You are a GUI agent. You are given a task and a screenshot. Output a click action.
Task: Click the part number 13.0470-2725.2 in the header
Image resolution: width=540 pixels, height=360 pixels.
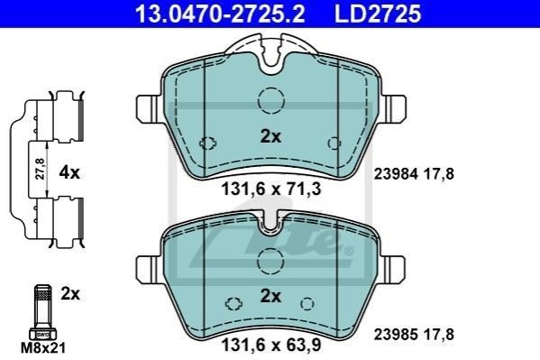pyautogui.click(x=220, y=14)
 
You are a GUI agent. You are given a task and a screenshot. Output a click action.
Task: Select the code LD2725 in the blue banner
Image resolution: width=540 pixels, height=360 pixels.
pyautogui.click(x=378, y=14)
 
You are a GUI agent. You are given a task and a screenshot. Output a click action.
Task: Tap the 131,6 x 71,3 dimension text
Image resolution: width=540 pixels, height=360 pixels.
pyautogui.click(x=271, y=189)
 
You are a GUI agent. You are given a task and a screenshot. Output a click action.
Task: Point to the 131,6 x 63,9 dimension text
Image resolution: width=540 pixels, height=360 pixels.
pyautogui.click(x=271, y=345)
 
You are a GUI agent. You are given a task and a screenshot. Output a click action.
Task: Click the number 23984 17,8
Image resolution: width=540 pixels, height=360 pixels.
pyautogui.click(x=414, y=174)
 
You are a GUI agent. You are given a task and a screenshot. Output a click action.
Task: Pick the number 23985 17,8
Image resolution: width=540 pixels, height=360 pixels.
pyautogui.click(x=414, y=334)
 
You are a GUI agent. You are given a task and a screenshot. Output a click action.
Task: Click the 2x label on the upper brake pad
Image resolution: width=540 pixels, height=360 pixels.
pyautogui.click(x=270, y=136)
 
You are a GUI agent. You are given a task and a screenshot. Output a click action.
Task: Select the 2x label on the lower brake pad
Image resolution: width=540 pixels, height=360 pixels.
pyautogui.click(x=270, y=296)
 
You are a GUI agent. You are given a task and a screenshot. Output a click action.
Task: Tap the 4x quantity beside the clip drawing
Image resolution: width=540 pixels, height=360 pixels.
pyautogui.click(x=69, y=172)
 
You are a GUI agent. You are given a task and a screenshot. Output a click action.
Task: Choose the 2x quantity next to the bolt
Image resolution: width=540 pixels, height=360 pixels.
pyautogui.click(x=70, y=294)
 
